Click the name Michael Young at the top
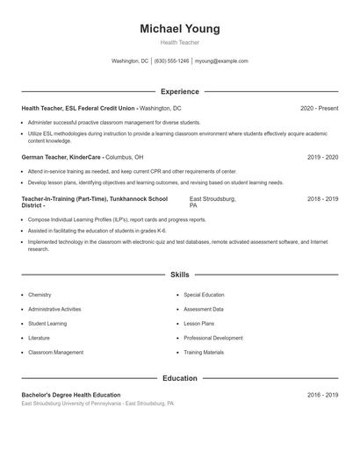point(180,29)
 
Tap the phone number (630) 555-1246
point(171,61)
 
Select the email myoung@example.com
point(221,61)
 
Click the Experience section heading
point(180,91)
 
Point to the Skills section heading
point(180,275)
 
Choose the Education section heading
point(180,378)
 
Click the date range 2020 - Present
point(319,108)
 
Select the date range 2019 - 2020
point(322,157)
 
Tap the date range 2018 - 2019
point(322,199)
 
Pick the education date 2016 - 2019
point(322,396)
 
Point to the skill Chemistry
point(40,295)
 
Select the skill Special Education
point(204,295)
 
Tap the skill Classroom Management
point(55,352)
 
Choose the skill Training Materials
point(204,352)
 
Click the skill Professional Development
point(213,338)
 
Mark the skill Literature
point(39,338)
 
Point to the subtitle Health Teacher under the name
point(180,42)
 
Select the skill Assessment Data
point(204,309)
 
